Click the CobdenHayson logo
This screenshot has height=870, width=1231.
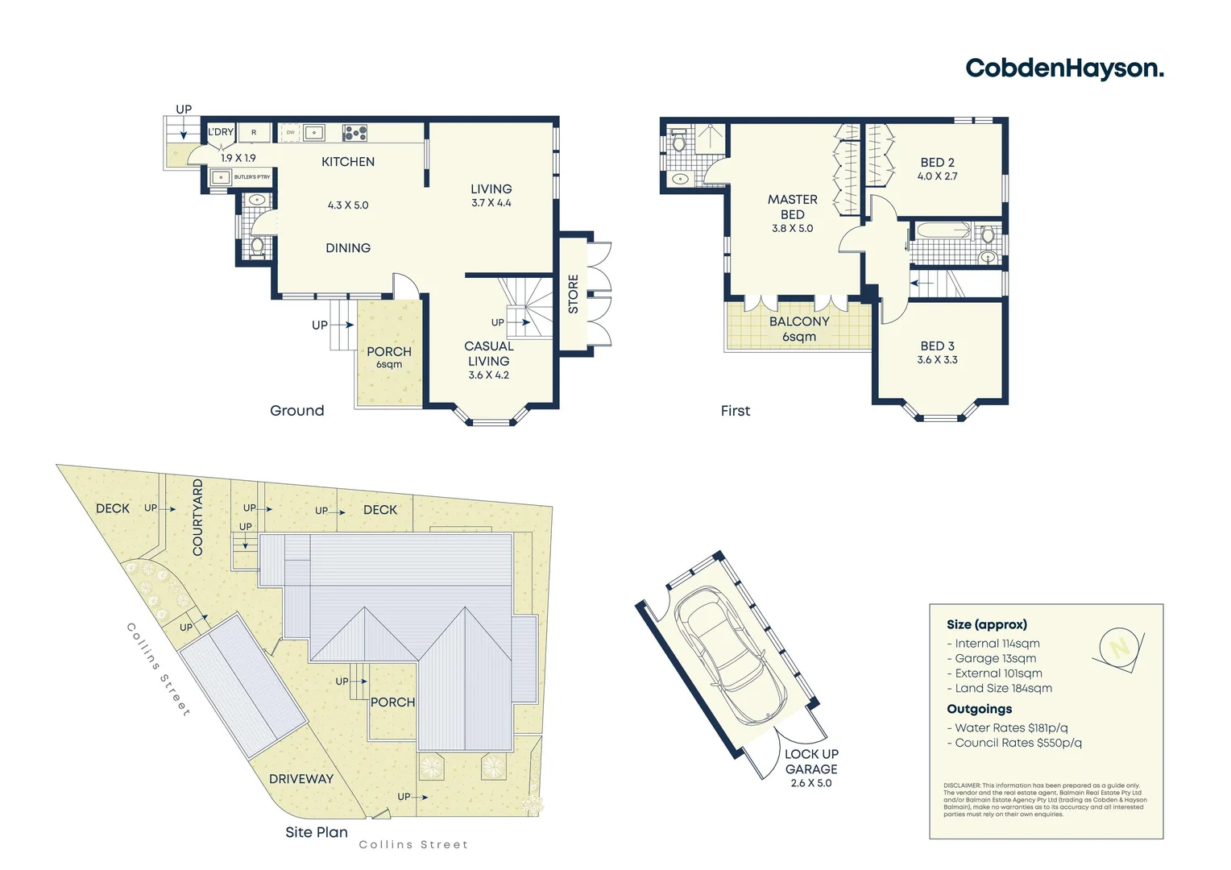point(1064,68)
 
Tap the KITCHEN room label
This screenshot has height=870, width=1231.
point(348,162)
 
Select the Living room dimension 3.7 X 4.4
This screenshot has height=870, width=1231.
point(491,203)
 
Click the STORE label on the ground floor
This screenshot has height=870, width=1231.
point(574,294)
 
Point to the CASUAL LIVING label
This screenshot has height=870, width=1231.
point(489,354)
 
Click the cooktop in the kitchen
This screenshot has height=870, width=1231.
point(355,133)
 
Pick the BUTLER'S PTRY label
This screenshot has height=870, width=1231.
point(252,177)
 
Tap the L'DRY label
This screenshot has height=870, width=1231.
point(221,132)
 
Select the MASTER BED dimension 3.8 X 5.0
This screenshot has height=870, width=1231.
point(793,229)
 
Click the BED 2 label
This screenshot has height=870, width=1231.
point(938,163)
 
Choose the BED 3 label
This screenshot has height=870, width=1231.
point(938,346)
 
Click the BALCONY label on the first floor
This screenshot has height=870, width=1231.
point(799,321)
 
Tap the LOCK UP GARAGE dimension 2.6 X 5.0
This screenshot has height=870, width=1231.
point(811,783)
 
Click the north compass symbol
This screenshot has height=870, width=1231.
point(1118,648)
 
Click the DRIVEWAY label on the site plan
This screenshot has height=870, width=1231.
point(301,779)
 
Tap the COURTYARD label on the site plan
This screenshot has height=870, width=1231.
point(198,517)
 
